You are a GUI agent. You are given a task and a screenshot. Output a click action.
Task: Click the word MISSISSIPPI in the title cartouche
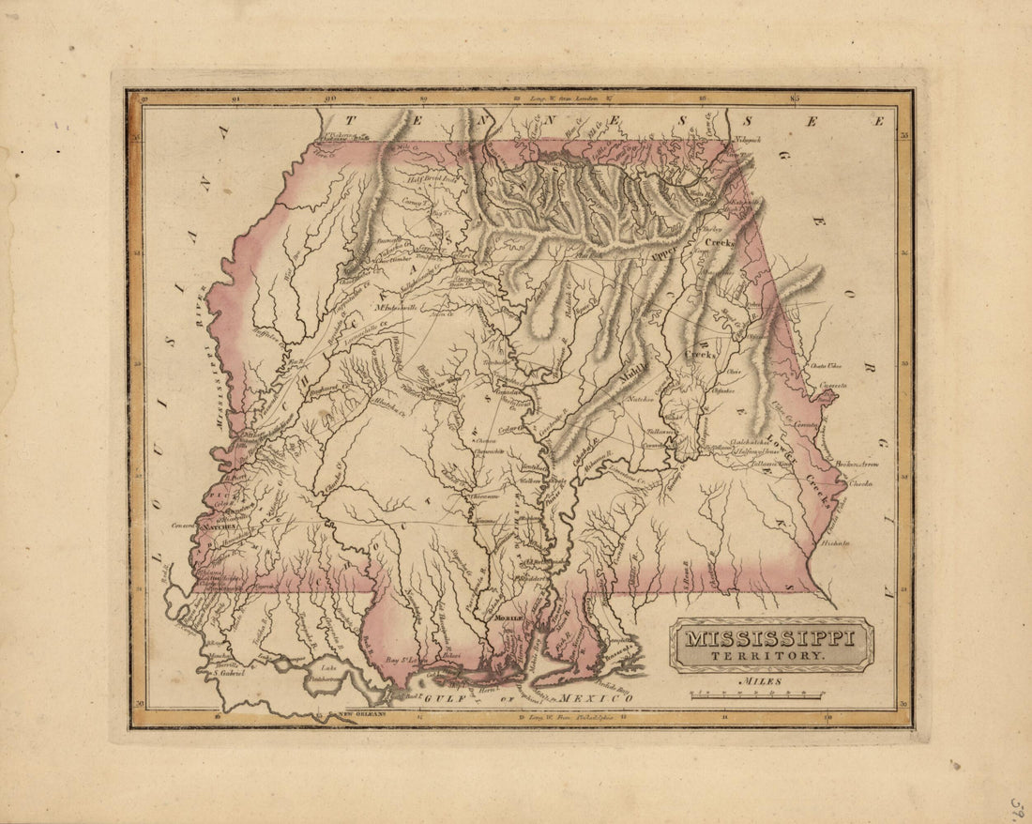[770, 639]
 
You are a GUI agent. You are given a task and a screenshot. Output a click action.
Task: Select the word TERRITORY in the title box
[770, 656]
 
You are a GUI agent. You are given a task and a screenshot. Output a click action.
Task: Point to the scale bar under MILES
[757, 695]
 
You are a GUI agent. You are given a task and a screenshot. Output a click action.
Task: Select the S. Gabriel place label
[229, 672]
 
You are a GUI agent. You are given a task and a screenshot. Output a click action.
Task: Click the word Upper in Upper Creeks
[662, 252]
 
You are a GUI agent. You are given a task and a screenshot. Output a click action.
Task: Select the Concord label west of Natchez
[182, 526]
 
